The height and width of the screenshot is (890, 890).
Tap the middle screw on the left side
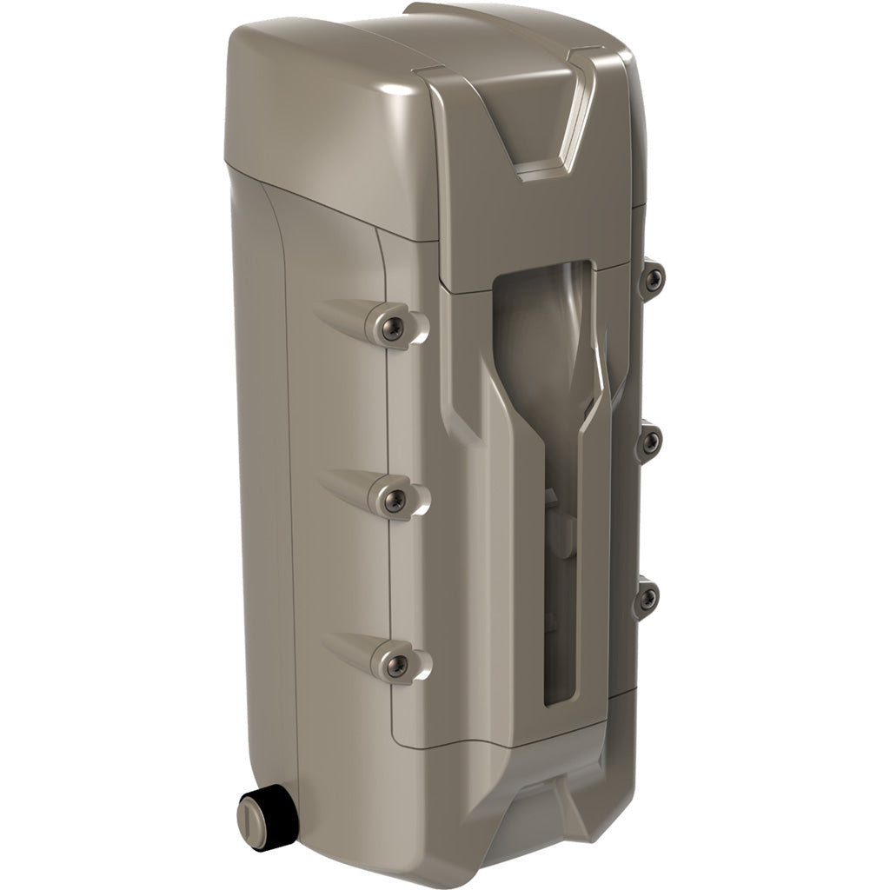coord(395,498)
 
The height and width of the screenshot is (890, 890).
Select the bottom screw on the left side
coord(396,665)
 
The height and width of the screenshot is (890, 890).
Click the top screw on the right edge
coord(654,277)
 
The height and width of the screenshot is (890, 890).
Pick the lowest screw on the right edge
coord(648,597)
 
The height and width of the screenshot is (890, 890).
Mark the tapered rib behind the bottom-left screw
coord(348,652)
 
